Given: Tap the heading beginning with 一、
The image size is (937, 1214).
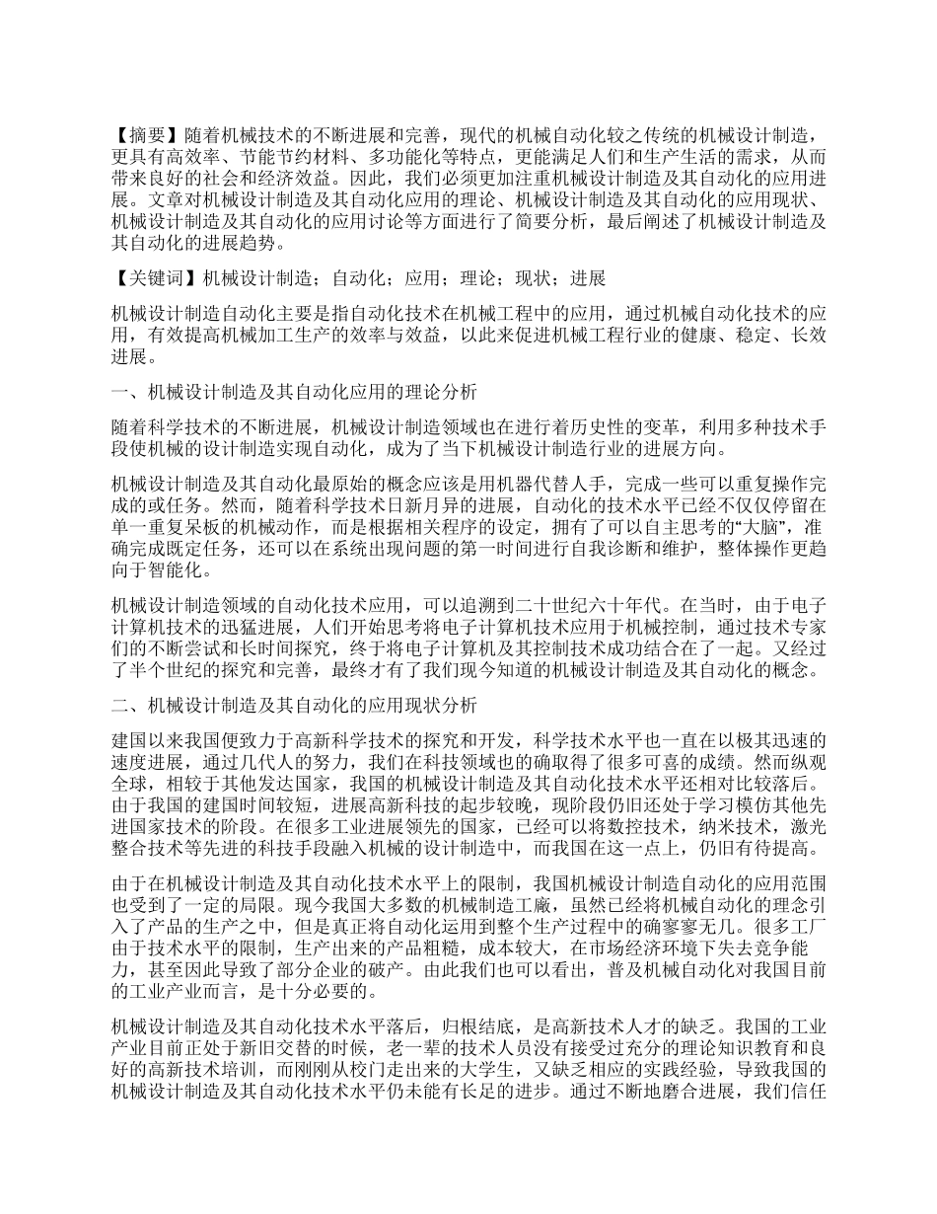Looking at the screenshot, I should coord(295,393).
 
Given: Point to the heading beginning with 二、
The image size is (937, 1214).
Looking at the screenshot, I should coord(295,706).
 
